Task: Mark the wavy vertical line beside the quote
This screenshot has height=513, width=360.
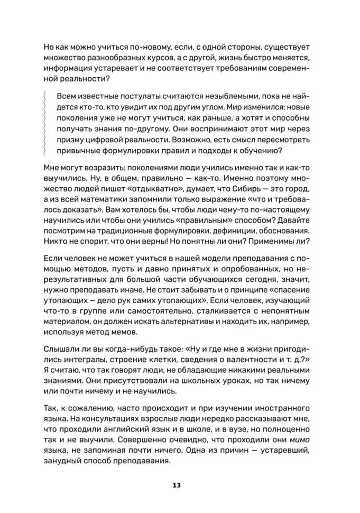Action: [x=47, y=125]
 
